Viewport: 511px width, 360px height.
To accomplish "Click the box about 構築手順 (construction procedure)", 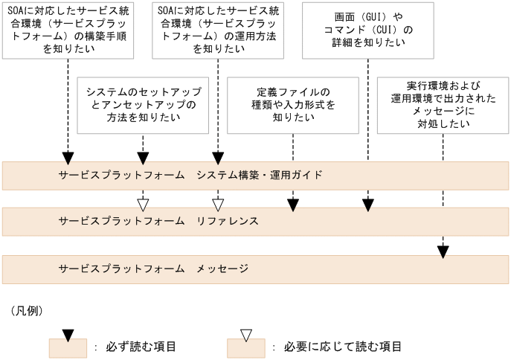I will click(x=68, y=30).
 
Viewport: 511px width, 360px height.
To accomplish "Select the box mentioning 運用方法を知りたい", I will click(x=217, y=30).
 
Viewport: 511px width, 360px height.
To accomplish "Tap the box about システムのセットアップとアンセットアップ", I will click(x=143, y=104).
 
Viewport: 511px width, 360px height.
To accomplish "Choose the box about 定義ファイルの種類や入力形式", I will click(x=292, y=104).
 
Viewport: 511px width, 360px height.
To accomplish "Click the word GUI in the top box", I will click(x=365, y=16).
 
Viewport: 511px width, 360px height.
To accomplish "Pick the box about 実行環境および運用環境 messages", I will click(x=442, y=104).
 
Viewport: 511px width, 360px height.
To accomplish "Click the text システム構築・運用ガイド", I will click(x=260, y=176).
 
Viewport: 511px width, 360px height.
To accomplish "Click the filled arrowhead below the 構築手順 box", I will click(x=68, y=158).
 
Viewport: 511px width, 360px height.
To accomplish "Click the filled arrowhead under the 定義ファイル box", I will click(x=292, y=204).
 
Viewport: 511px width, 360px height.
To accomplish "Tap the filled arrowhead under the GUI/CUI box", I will click(x=367, y=204).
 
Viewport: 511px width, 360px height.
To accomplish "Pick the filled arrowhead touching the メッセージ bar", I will click(x=443, y=251).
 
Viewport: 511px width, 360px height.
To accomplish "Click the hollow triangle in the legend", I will click(x=247, y=335).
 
